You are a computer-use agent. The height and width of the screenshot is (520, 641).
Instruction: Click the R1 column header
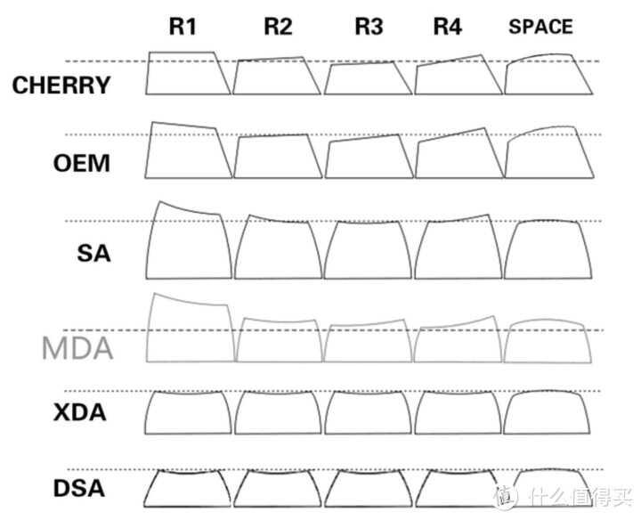click(x=183, y=27)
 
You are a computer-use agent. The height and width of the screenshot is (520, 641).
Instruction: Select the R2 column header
click(x=278, y=27)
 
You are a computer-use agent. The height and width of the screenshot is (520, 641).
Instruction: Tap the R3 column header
click(x=369, y=27)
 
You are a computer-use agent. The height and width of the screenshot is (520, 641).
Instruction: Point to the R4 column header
click(x=447, y=27)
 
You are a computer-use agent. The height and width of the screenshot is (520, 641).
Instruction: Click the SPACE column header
click(x=540, y=27)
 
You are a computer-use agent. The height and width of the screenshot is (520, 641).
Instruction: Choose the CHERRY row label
click(x=61, y=85)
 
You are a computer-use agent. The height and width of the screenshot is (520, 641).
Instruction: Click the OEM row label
click(x=82, y=163)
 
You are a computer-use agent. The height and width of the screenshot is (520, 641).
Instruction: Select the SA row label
click(x=93, y=253)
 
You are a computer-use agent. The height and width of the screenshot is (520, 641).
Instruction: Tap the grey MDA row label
click(x=77, y=348)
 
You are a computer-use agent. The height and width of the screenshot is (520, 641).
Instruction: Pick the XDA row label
click(x=80, y=412)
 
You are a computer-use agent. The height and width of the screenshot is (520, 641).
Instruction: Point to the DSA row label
click(x=79, y=488)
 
